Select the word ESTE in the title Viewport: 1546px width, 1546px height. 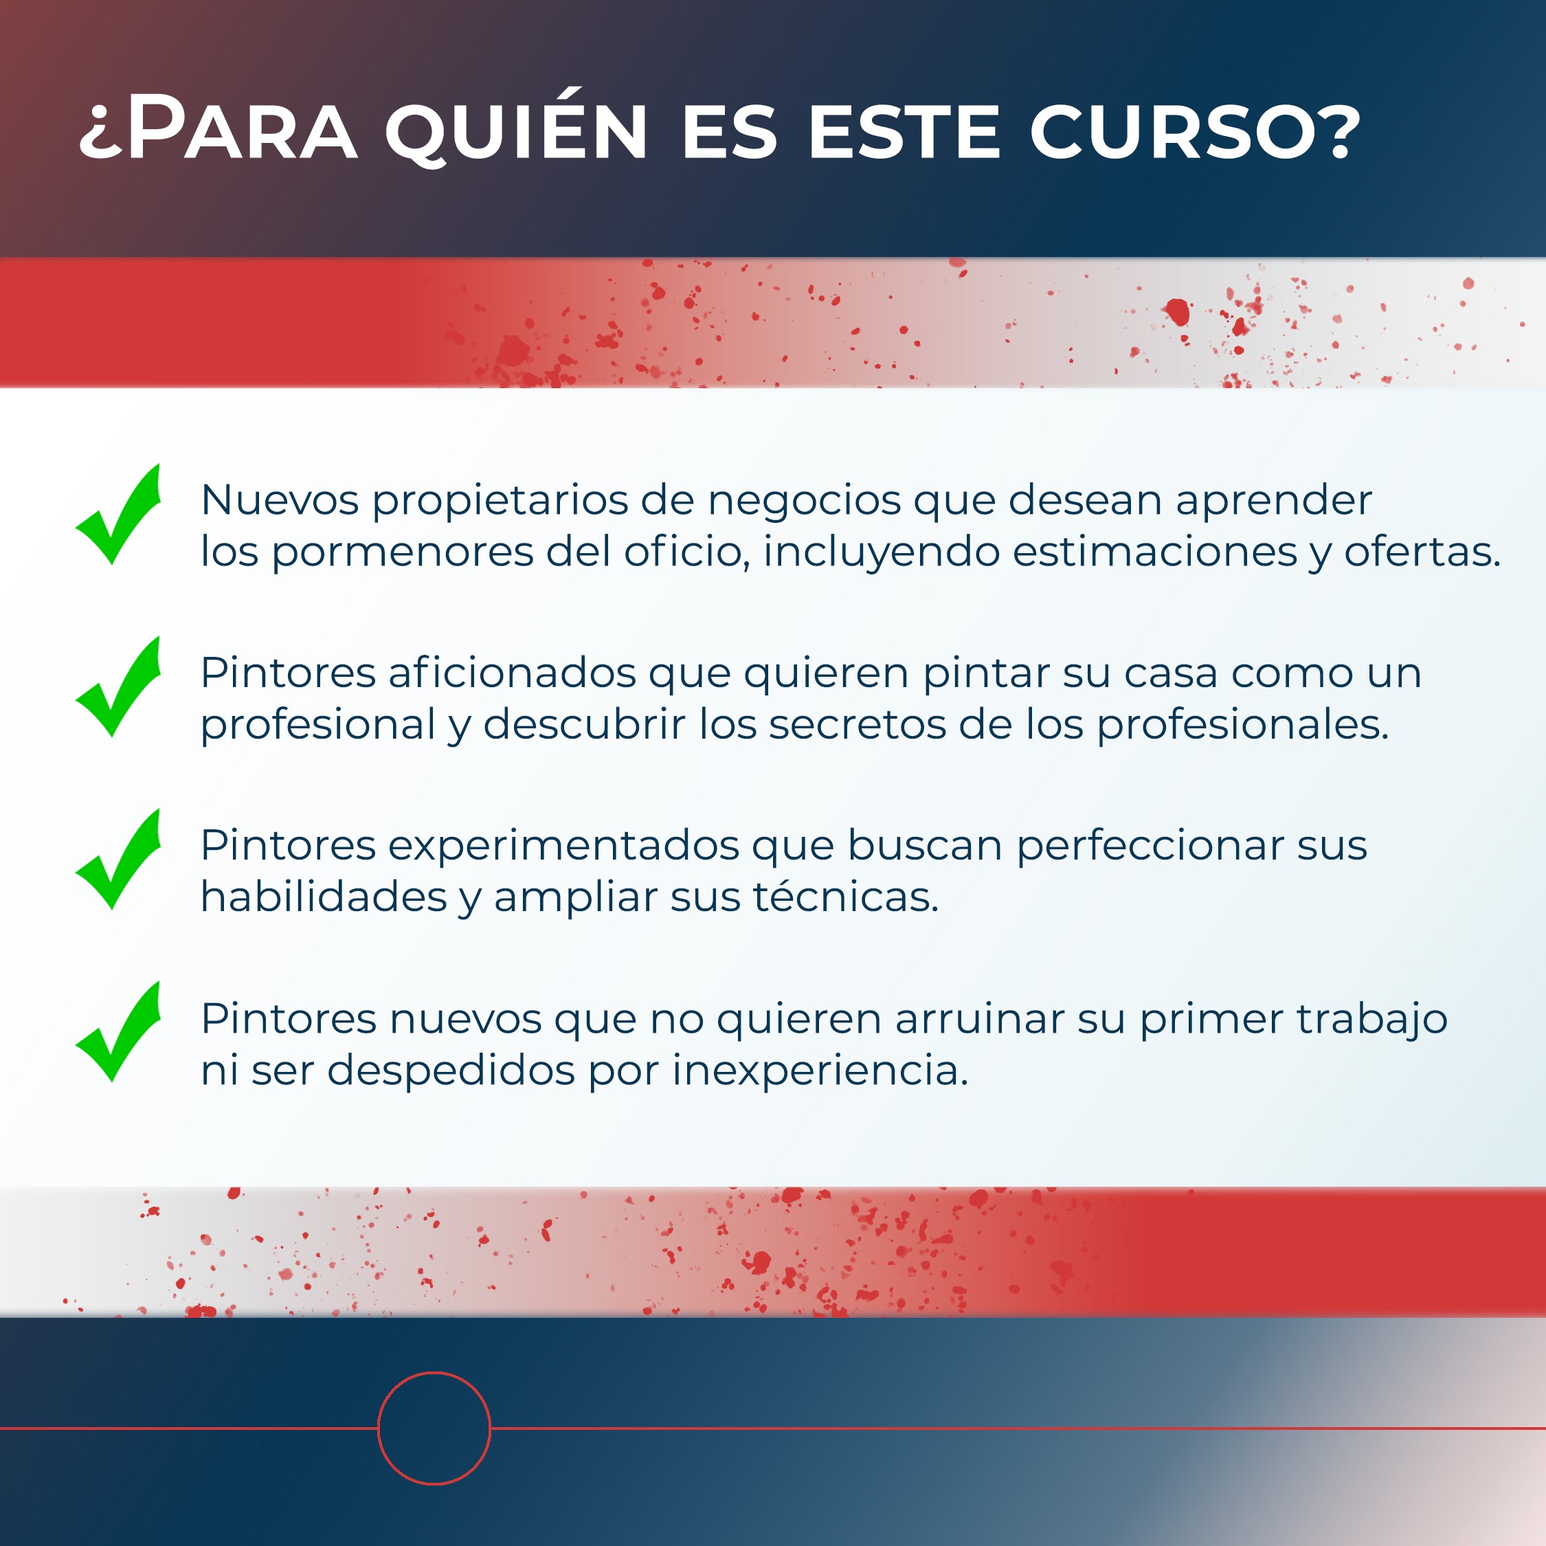904,131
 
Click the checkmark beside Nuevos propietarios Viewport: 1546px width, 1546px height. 118,515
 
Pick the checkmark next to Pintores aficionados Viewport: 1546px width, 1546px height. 118,686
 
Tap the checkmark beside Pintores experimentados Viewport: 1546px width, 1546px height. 118,860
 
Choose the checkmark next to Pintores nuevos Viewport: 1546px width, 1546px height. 118,1031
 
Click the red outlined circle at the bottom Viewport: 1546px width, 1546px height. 434,1373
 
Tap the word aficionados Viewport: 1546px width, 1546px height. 512,673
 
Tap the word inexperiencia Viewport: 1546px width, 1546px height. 820,1071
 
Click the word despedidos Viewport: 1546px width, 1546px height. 451,1071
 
